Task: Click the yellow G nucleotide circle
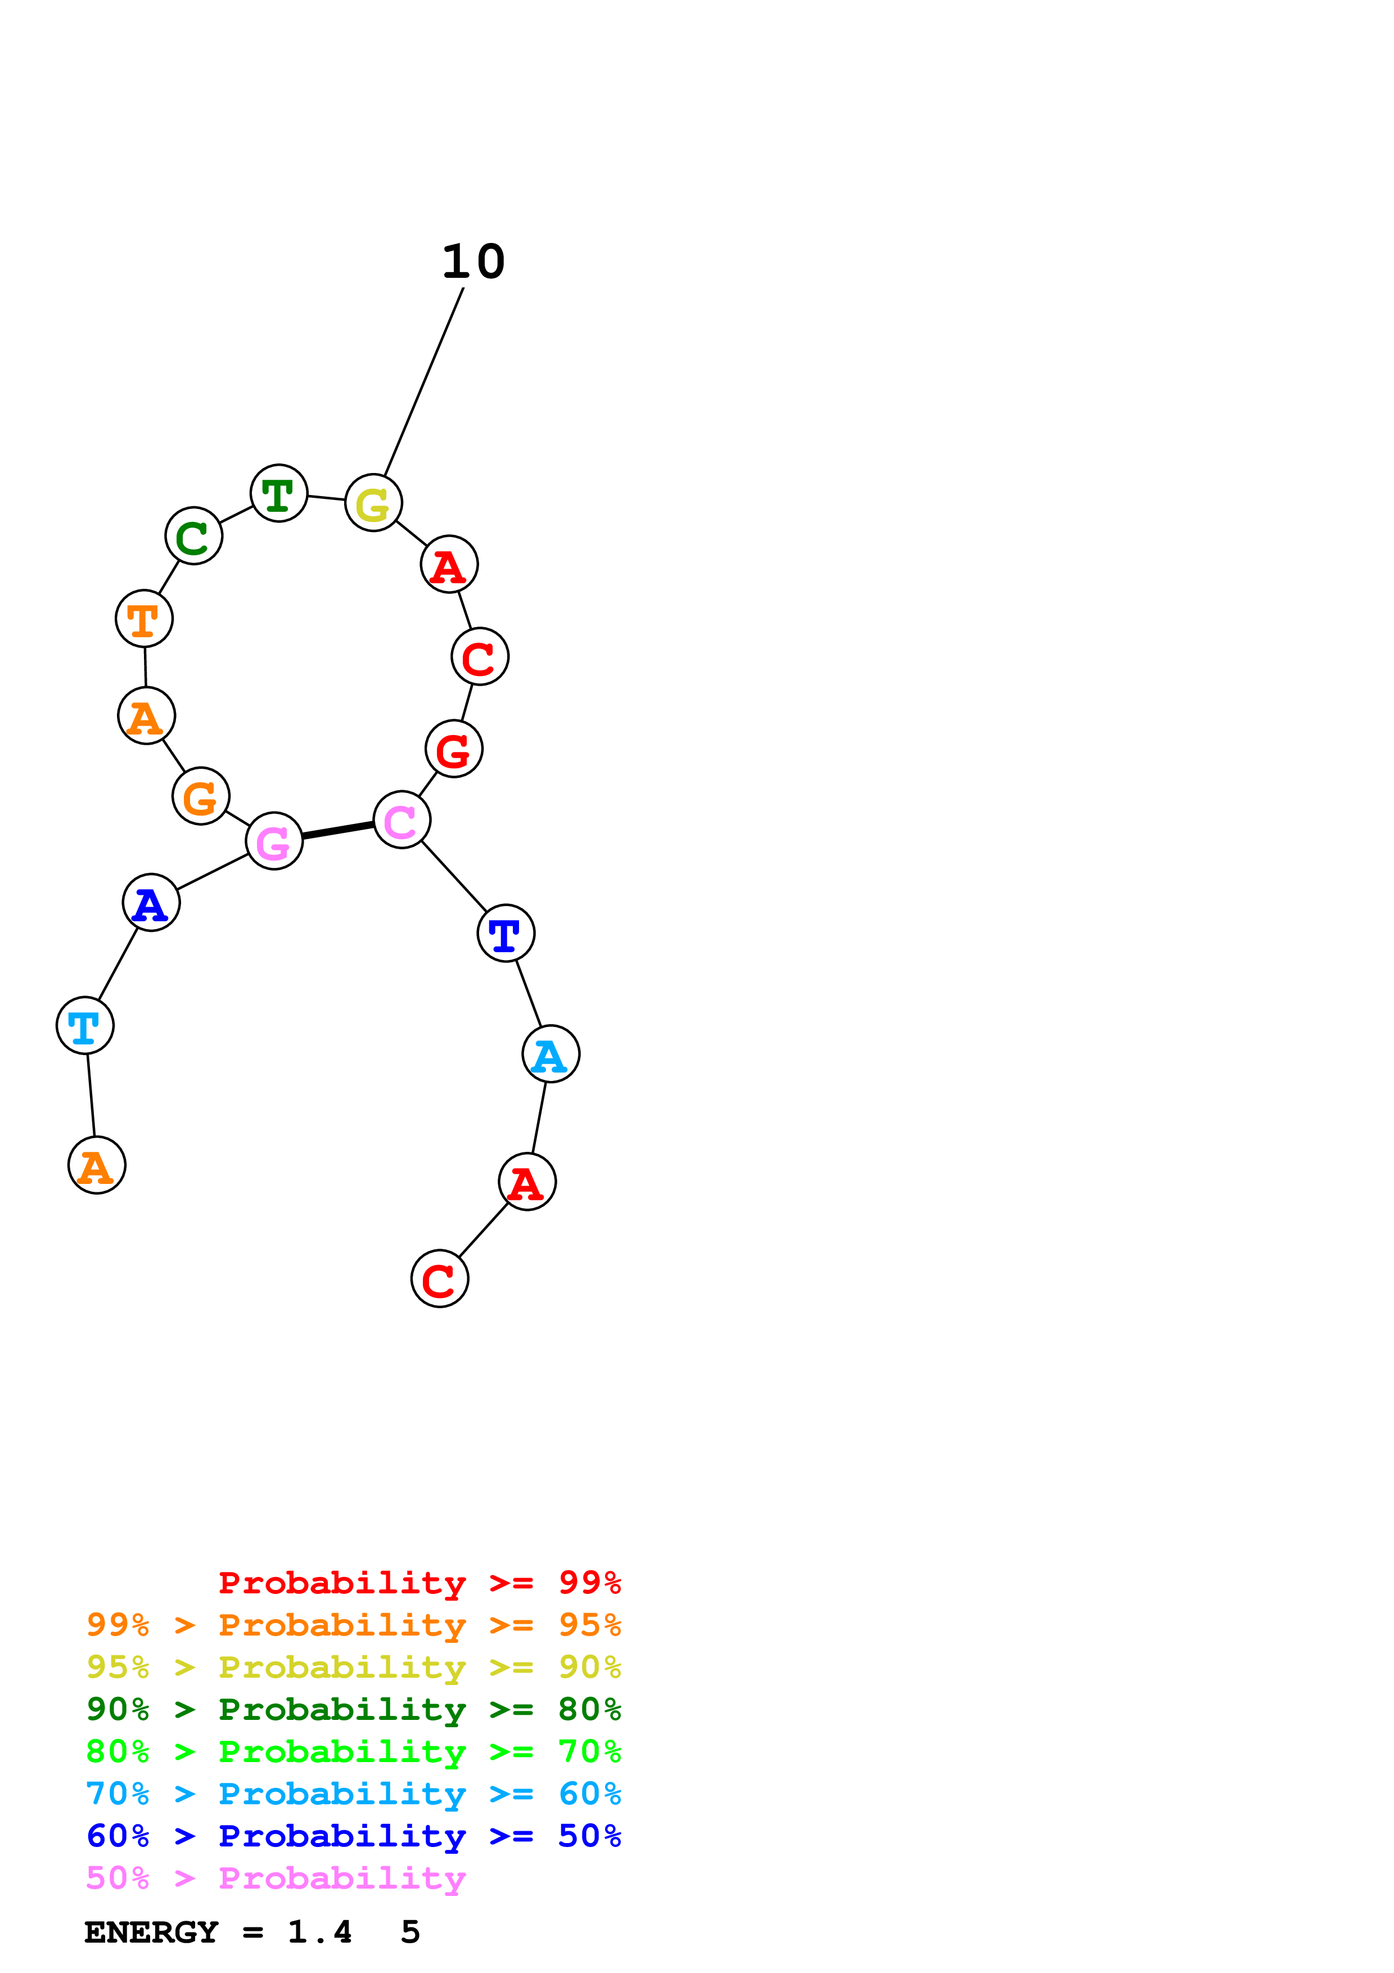point(373,503)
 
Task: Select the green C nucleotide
point(194,536)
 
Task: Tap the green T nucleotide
point(279,493)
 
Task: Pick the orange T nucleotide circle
point(145,619)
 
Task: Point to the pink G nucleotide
point(274,841)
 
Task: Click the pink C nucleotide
point(402,820)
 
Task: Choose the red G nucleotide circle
point(454,749)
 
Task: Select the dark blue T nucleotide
point(506,933)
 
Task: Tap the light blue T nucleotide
point(85,1025)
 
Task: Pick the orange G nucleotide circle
point(201,796)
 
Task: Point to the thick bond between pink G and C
point(337,830)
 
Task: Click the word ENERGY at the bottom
point(151,1933)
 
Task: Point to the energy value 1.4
point(319,1933)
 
